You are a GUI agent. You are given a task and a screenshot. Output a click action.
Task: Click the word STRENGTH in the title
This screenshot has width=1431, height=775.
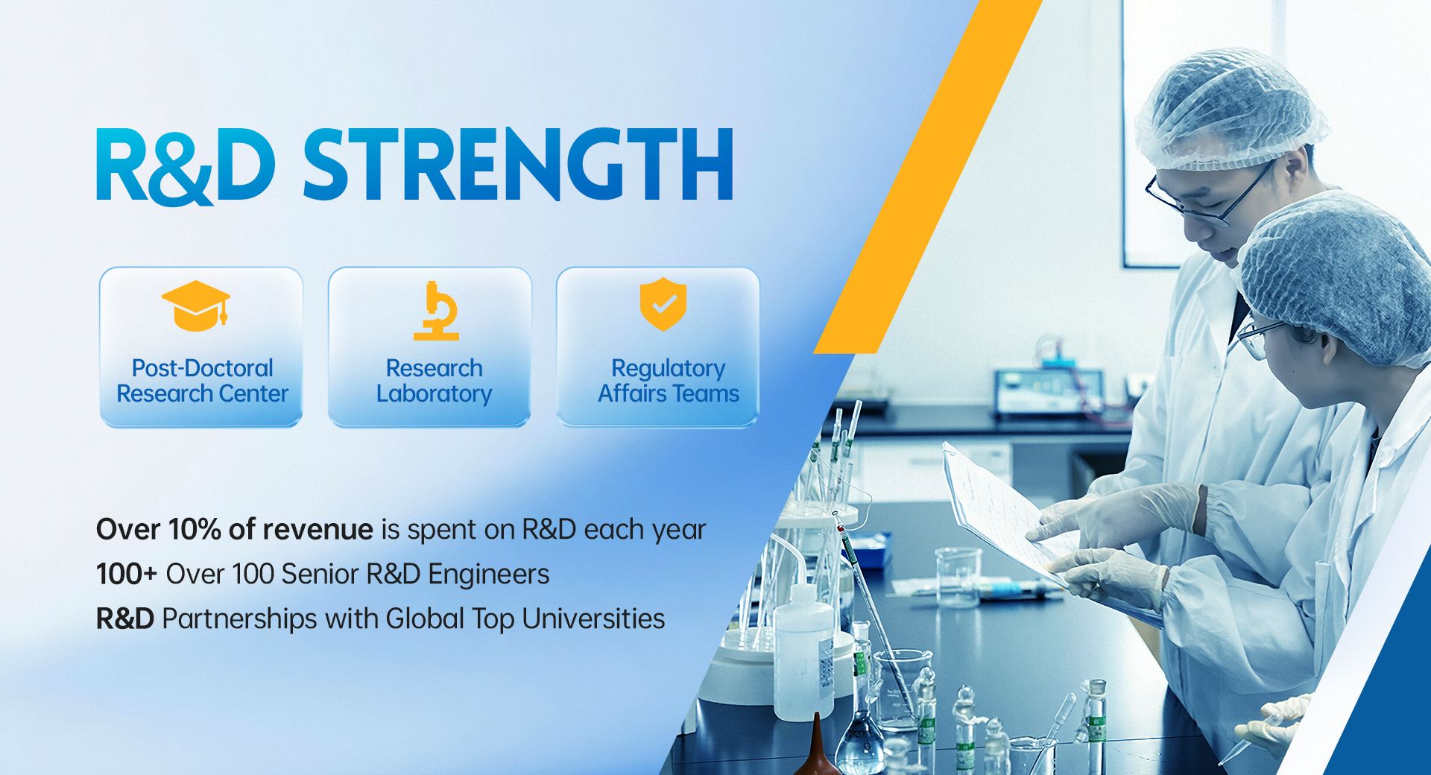tap(518, 164)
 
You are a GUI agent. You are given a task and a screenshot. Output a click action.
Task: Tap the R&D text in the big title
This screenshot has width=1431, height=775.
tap(186, 165)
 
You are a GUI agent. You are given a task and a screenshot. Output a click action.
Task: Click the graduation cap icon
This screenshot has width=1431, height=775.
tap(196, 306)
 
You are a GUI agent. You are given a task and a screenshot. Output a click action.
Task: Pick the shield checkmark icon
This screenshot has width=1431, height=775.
tap(663, 304)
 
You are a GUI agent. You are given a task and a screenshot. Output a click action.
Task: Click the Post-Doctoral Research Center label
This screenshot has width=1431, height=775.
tap(202, 381)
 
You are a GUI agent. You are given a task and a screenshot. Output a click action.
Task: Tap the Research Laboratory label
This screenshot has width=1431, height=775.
tap(434, 381)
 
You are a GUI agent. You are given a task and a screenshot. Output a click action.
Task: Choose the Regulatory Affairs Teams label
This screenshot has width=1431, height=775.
tap(669, 381)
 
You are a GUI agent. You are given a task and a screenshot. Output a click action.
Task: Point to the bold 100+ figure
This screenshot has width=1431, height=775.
tap(127, 574)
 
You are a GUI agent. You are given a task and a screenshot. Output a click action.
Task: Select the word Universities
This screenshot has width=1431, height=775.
tap(593, 619)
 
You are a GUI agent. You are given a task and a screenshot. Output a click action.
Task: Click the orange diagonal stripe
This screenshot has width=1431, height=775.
tap(927, 177)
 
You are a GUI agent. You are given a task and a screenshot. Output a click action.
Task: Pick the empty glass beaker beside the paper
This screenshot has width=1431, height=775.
tap(958, 578)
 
